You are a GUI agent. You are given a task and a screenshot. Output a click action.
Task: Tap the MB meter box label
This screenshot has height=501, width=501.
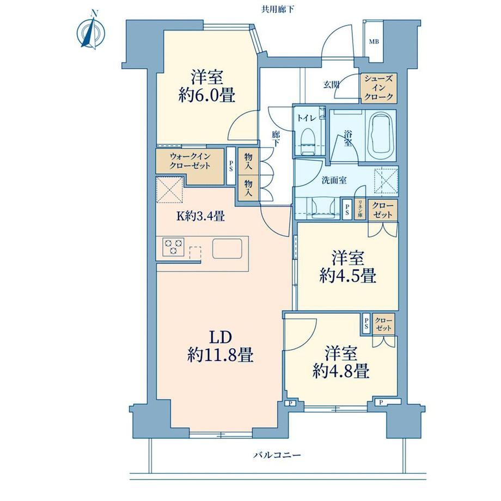pos(374,42)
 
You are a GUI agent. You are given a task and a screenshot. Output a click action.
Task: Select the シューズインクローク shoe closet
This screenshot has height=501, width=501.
pos(378,88)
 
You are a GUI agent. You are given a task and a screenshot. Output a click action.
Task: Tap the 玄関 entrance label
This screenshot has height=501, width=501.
pos(331,84)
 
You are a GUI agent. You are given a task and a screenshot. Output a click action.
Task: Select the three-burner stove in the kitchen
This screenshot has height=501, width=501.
pos(173,247)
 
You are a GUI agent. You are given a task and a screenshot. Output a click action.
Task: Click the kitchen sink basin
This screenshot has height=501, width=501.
pos(228,248)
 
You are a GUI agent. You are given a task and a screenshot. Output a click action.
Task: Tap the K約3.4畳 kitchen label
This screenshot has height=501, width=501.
pos(201,216)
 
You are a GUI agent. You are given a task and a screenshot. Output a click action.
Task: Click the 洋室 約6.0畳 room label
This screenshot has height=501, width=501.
pos(207,86)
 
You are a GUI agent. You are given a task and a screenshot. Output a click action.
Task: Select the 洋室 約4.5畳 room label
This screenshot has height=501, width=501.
pos(347,267)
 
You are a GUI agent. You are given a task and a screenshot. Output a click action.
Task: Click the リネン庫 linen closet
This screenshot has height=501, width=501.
pos(360,209)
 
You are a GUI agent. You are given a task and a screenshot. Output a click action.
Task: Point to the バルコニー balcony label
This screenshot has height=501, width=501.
pos(277,455)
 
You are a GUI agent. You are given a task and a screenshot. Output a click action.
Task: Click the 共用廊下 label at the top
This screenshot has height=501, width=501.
pos(277,10)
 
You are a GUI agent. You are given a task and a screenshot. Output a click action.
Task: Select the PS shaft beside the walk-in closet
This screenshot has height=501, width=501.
pos(231,166)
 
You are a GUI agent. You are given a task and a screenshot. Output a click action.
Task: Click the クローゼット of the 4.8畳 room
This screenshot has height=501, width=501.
pos(383,324)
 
